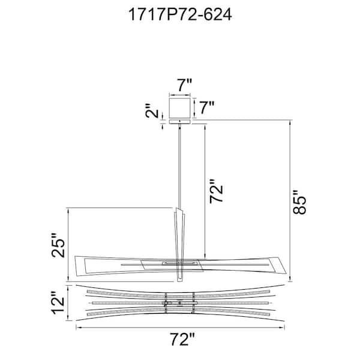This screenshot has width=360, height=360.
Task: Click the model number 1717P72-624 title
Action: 180,14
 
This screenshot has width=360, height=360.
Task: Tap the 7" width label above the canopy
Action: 184,85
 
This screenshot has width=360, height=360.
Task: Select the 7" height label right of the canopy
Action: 206,107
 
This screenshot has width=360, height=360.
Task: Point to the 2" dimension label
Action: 152,111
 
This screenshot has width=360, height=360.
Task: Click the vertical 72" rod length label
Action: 216,191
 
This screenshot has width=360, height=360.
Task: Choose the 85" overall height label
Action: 299,202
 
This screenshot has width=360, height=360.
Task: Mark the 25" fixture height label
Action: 58,245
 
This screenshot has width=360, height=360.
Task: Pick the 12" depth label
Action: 57,303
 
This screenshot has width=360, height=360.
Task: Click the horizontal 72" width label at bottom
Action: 182,340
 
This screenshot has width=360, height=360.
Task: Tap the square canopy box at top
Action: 180,107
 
